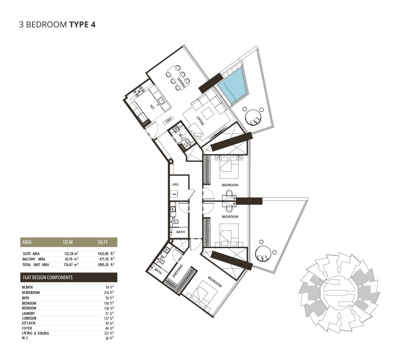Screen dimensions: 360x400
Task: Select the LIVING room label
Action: pos(200,121)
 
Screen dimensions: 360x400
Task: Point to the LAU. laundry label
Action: pos(175,184)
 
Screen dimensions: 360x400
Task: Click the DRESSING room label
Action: pos(180,272)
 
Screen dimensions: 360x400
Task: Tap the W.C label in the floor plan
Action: pos(181,138)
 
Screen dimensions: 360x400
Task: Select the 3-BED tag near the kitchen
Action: pos(169,120)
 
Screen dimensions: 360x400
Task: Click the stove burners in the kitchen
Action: pos(140,92)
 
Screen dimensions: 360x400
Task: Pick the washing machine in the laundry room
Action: pos(174,194)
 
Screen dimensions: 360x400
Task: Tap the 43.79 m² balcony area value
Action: pos(70,259)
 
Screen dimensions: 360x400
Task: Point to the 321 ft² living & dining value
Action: pos(108,333)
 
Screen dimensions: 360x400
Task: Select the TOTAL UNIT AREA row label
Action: pos(36,264)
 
